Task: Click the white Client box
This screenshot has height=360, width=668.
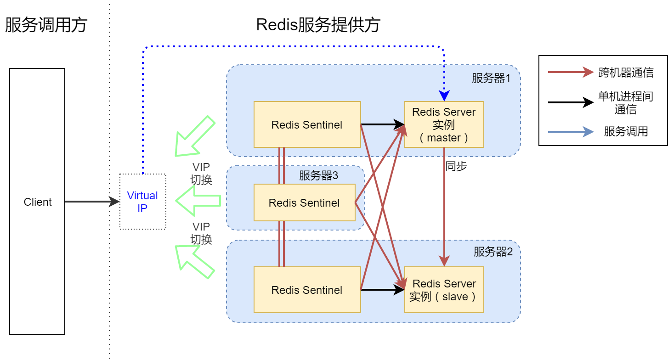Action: click(x=37, y=202)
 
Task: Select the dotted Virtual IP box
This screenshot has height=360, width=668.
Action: click(x=142, y=202)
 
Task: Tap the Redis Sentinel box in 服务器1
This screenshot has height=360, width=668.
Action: click(x=307, y=124)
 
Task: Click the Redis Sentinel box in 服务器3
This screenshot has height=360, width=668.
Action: click(x=304, y=202)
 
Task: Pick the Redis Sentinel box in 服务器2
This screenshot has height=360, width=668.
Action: click(x=307, y=290)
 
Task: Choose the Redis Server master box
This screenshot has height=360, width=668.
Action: click(x=444, y=124)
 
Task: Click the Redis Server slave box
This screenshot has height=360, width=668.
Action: click(x=444, y=290)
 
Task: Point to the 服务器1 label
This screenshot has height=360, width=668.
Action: click(x=491, y=78)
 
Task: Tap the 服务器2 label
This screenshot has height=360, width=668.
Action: click(x=493, y=252)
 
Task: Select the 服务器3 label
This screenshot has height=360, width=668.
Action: click(x=318, y=175)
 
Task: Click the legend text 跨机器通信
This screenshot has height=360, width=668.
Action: click(x=626, y=73)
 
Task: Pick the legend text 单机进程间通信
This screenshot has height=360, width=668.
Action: click(x=626, y=102)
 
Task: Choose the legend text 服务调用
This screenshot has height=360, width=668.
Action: click(x=626, y=132)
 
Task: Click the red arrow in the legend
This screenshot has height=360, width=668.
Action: click(x=570, y=72)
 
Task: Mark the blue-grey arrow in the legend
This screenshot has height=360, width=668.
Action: click(x=570, y=132)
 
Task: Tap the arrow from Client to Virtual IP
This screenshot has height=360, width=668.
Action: click(x=92, y=202)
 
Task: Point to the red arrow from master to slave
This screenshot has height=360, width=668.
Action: click(x=444, y=207)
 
